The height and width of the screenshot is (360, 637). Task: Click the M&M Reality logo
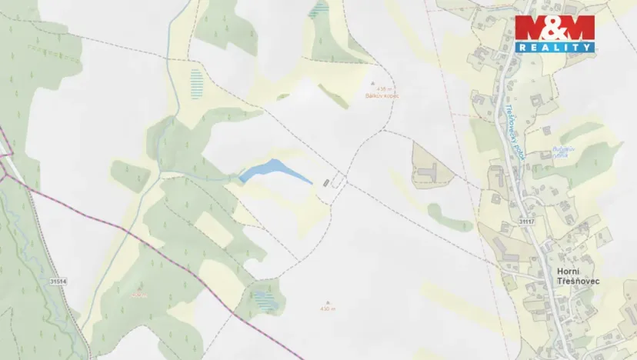point(555,34)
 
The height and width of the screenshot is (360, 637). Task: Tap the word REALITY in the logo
point(555,47)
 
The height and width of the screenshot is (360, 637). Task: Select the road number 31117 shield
point(526,222)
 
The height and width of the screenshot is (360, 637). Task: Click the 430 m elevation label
point(328,309)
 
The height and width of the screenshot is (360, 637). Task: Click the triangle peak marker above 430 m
point(328,302)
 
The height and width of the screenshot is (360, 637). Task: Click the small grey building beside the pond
point(326,182)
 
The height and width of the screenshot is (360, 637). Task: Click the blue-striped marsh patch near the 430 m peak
point(265,299)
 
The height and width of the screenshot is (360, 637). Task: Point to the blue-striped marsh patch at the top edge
point(317,9)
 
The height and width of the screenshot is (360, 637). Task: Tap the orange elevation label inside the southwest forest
point(138,295)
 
